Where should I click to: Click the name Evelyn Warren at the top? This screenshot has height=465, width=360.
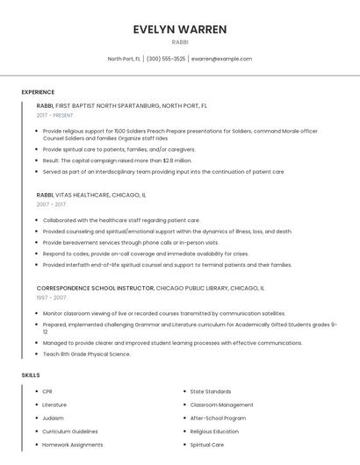pyautogui.click(x=179, y=29)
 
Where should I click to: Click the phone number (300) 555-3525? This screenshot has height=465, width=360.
pyautogui.click(x=166, y=59)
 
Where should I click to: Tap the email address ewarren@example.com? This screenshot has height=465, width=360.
pyautogui.click(x=221, y=59)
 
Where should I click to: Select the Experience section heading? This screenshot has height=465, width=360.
pyautogui.click(x=38, y=92)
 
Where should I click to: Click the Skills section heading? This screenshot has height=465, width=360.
pyautogui.click(x=31, y=375)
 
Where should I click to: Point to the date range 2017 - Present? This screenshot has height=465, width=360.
pyautogui.click(x=55, y=115)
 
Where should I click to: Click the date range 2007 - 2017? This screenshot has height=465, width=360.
pyautogui.click(x=51, y=204)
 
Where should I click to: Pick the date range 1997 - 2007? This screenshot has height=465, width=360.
pyautogui.click(x=51, y=297)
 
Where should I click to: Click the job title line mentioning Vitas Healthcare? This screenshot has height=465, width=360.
pyautogui.click(x=91, y=195)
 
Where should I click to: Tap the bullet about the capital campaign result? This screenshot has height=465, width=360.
pyautogui.click(x=117, y=161)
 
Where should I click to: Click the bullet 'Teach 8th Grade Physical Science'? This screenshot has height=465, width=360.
pyautogui.click(x=87, y=354)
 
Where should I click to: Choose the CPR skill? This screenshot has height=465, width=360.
pyautogui.click(x=47, y=391)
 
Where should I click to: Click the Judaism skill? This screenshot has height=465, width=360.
pyautogui.click(x=54, y=418)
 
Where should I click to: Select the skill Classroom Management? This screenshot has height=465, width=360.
pyautogui.click(x=221, y=404)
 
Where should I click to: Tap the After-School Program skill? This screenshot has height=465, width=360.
pyautogui.click(x=218, y=418)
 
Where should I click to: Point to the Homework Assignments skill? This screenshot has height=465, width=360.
pyautogui.click(x=72, y=445)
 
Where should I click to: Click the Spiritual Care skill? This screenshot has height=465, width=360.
pyautogui.click(x=207, y=445)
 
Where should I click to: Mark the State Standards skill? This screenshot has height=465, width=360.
pyautogui.click(x=211, y=391)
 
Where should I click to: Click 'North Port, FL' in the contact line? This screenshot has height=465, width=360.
pyautogui.click(x=124, y=59)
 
